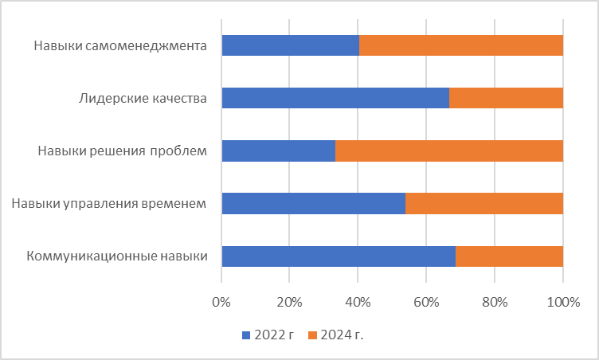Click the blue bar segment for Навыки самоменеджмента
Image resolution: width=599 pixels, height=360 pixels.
pyautogui.click(x=291, y=45)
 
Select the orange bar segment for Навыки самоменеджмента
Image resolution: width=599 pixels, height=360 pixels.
pyautogui.click(x=461, y=45)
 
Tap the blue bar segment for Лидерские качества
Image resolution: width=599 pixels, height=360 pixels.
pyautogui.click(x=335, y=98)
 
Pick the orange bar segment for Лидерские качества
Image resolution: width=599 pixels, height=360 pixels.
pyautogui.click(x=506, y=98)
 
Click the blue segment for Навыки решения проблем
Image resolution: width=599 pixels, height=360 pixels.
pyautogui.click(x=279, y=151)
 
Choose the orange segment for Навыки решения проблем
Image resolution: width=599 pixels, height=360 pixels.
pyautogui.click(x=449, y=151)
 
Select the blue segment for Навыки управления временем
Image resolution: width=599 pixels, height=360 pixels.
pyautogui.click(x=314, y=203)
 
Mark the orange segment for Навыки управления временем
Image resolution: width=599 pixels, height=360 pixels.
pyautogui.click(x=484, y=203)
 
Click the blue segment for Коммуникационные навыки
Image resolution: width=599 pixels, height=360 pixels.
pyautogui.click(x=339, y=256)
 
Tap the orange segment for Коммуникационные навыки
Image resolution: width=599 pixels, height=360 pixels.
pyautogui.click(x=509, y=256)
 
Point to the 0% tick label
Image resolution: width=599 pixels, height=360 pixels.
pyautogui.click(x=221, y=303)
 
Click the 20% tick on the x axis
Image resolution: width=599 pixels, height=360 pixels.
pyautogui.click(x=289, y=303)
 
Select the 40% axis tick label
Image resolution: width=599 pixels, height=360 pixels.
pyautogui.click(x=358, y=303)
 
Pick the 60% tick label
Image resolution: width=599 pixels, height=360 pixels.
pyautogui.click(x=426, y=303)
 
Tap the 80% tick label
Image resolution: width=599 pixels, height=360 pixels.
pyautogui.click(x=495, y=303)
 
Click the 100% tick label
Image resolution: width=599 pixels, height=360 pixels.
pyautogui.click(x=563, y=303)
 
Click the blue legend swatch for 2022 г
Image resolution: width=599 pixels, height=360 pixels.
pyautogui.click(x=246, y=335)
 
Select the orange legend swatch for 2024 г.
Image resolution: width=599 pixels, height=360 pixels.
pyautogui.click(x=311, y=335)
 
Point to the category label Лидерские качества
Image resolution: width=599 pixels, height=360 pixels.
pyautogui.click(x=143, y=99)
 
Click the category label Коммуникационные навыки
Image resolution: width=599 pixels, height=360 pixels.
pyautogui.click(x=117, y=256)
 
